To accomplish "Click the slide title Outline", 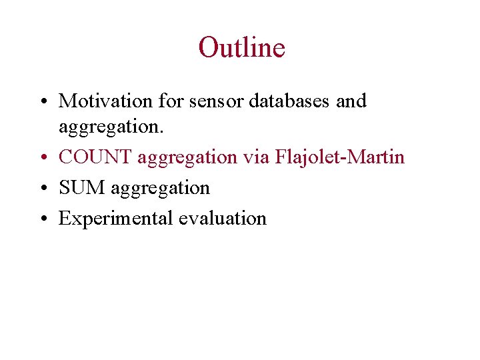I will [241, 48].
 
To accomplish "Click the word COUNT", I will [95, 157].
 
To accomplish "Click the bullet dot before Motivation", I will [42, 102].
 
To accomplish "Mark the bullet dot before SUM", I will [42, 189].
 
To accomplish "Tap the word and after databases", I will [351, 101].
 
